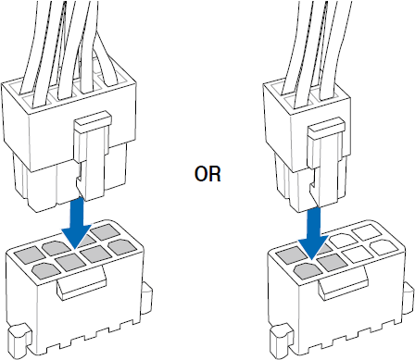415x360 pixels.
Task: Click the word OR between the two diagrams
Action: pos(207,174)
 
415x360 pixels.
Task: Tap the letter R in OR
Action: pos(216,174)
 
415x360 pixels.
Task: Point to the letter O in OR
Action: pos(201,174)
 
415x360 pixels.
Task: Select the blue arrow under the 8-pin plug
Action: pos(76,223)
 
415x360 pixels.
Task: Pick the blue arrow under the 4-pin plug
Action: pos(313,233)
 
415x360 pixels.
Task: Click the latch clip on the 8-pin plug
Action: pos(93,155)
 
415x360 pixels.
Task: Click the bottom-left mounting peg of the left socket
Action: pos(19,340)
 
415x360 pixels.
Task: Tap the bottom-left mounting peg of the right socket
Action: pos(281,340)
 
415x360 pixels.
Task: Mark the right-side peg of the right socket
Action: pos(409,295)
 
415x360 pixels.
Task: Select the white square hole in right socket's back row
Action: pos(367,232)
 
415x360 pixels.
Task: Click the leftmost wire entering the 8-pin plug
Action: pos(31,46)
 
